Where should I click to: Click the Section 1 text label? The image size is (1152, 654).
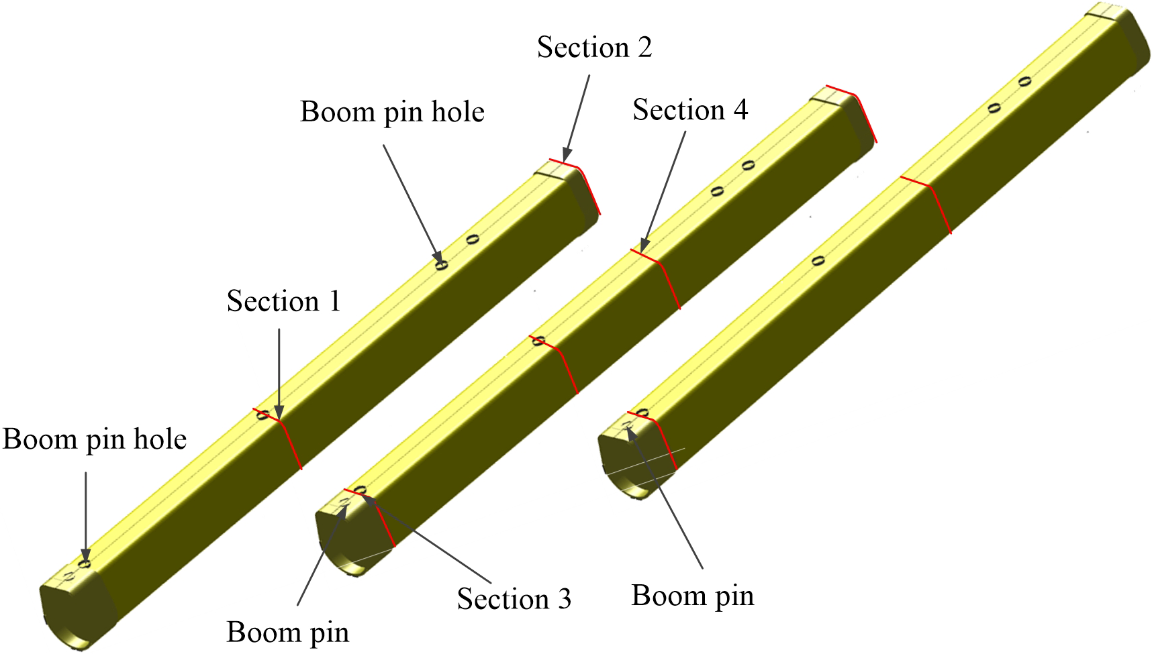point(284,301)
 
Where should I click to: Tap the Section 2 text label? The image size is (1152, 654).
point(594,48)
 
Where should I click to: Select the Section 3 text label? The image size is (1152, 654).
point(514,599)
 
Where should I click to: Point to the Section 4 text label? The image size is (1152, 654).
point(690,110)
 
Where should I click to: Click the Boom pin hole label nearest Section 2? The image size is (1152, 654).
point(392,112)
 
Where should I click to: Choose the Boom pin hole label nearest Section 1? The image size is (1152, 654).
point(95,440)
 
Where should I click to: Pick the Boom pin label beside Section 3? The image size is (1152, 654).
point(288,632)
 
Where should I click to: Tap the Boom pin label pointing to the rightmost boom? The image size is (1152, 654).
point(693,596)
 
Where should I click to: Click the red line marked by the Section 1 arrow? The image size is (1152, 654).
point(290,443)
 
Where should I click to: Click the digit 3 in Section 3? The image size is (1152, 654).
point(564,599)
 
